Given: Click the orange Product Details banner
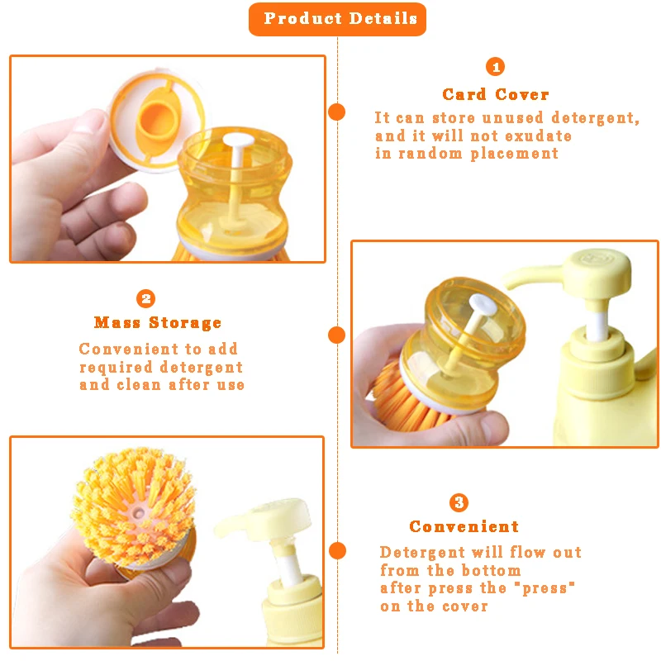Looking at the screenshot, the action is pos(337,19).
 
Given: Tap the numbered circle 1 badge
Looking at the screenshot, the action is pos(495,67).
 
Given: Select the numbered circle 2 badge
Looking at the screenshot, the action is pos(146,298).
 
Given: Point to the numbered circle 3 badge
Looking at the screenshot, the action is pos(459,502).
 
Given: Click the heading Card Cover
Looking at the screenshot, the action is pos(496,94).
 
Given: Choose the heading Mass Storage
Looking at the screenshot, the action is pos(158,322).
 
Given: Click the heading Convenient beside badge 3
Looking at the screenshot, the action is pos(464,526).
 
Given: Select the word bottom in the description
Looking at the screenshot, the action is pos(492,570).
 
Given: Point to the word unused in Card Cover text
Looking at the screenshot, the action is pos(512,117).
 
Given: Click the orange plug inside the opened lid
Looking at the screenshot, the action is pos(156,119).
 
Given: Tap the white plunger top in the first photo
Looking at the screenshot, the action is pos(238,140).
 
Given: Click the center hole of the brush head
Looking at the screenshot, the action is pos(137,513).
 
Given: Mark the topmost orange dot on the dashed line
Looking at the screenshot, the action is pos(337,112).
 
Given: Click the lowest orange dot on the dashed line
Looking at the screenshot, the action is pos(337,550).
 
